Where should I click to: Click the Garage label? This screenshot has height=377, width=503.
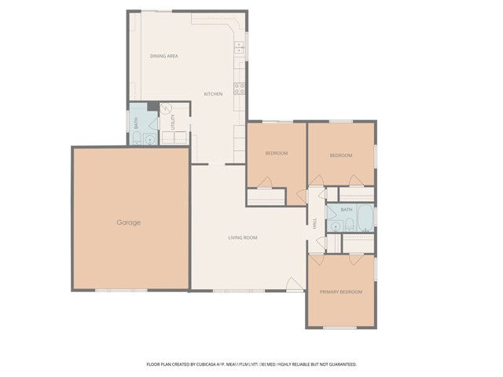click(x=129, y=222)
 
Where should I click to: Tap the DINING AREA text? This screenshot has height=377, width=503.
click(x=165, y=56)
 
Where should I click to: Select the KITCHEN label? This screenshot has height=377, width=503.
click(x=213, y=93)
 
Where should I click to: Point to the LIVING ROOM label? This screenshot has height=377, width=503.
click(x=243, y=237)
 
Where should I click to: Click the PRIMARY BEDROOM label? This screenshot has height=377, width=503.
click(x=340, y=292)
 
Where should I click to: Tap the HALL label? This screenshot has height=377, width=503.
click(x=314, y=224)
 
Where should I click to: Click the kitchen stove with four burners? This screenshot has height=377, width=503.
click(x=239, y=88)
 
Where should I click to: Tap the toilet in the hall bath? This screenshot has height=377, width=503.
click(x=335, y=226)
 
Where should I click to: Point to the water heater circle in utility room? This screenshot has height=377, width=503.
click(x=166, y=109)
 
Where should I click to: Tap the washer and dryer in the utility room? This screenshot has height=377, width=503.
click(x=175, y=138)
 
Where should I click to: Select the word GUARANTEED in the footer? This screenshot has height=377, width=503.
click(x=340, y=364)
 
